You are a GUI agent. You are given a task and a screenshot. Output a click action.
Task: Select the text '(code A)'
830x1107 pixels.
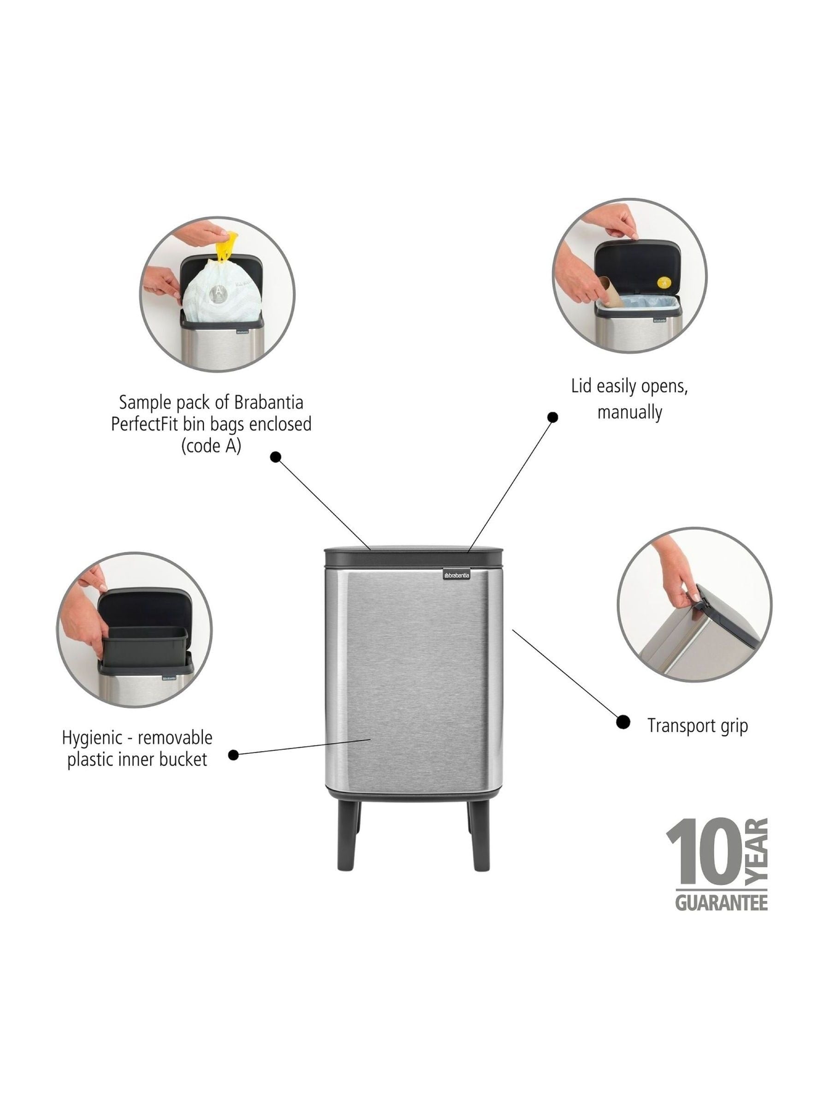tap(211, 446)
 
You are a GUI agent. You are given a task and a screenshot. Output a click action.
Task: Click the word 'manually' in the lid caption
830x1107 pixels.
tap(629, 412)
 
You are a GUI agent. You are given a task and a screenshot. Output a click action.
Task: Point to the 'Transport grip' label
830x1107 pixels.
tap(697, 725)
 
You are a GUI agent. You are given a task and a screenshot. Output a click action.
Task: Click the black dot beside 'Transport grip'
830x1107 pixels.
tap(623, 722)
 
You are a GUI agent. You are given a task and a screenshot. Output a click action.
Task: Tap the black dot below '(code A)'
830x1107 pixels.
tap(276, 457)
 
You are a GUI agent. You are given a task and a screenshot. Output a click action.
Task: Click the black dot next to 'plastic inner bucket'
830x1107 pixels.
tap(233, 755)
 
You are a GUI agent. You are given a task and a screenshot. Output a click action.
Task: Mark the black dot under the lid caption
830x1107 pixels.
tap(552, 417)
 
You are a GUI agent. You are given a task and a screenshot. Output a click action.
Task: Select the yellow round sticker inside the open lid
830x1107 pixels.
tap(664, 282)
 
